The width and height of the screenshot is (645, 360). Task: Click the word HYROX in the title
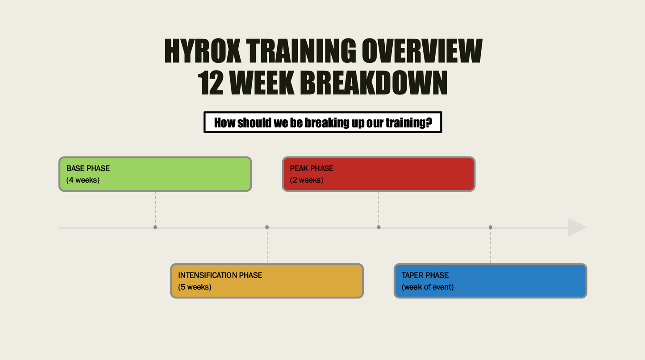(202, 51)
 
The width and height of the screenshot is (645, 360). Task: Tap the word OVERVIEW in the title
(422, 51)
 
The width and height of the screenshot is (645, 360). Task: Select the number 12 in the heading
(211, 83)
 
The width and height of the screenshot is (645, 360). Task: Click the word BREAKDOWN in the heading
(374, 83)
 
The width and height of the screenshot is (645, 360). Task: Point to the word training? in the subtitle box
(409, 123)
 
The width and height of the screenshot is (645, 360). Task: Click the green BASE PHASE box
(155, 174)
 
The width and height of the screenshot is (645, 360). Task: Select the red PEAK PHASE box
(379, 174)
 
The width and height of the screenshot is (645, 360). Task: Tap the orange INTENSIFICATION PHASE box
(267, 281)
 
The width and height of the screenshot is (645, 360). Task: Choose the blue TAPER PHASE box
(491, 281)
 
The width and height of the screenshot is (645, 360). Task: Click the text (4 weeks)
(83, 180)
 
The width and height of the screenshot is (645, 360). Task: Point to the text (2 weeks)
(306, 180)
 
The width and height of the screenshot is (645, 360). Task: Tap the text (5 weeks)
(195, 287)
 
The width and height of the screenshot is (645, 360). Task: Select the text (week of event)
(428, 287)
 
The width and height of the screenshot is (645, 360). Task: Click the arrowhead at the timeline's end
(577, 227)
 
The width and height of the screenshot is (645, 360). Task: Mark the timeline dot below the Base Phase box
(155, 227)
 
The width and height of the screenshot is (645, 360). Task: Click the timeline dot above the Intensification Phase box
(267, 227)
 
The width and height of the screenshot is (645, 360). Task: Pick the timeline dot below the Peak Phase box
(379, 227)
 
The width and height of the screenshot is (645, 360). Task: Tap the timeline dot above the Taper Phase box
(491, 227)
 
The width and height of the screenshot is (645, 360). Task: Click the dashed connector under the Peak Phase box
(379, 208)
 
